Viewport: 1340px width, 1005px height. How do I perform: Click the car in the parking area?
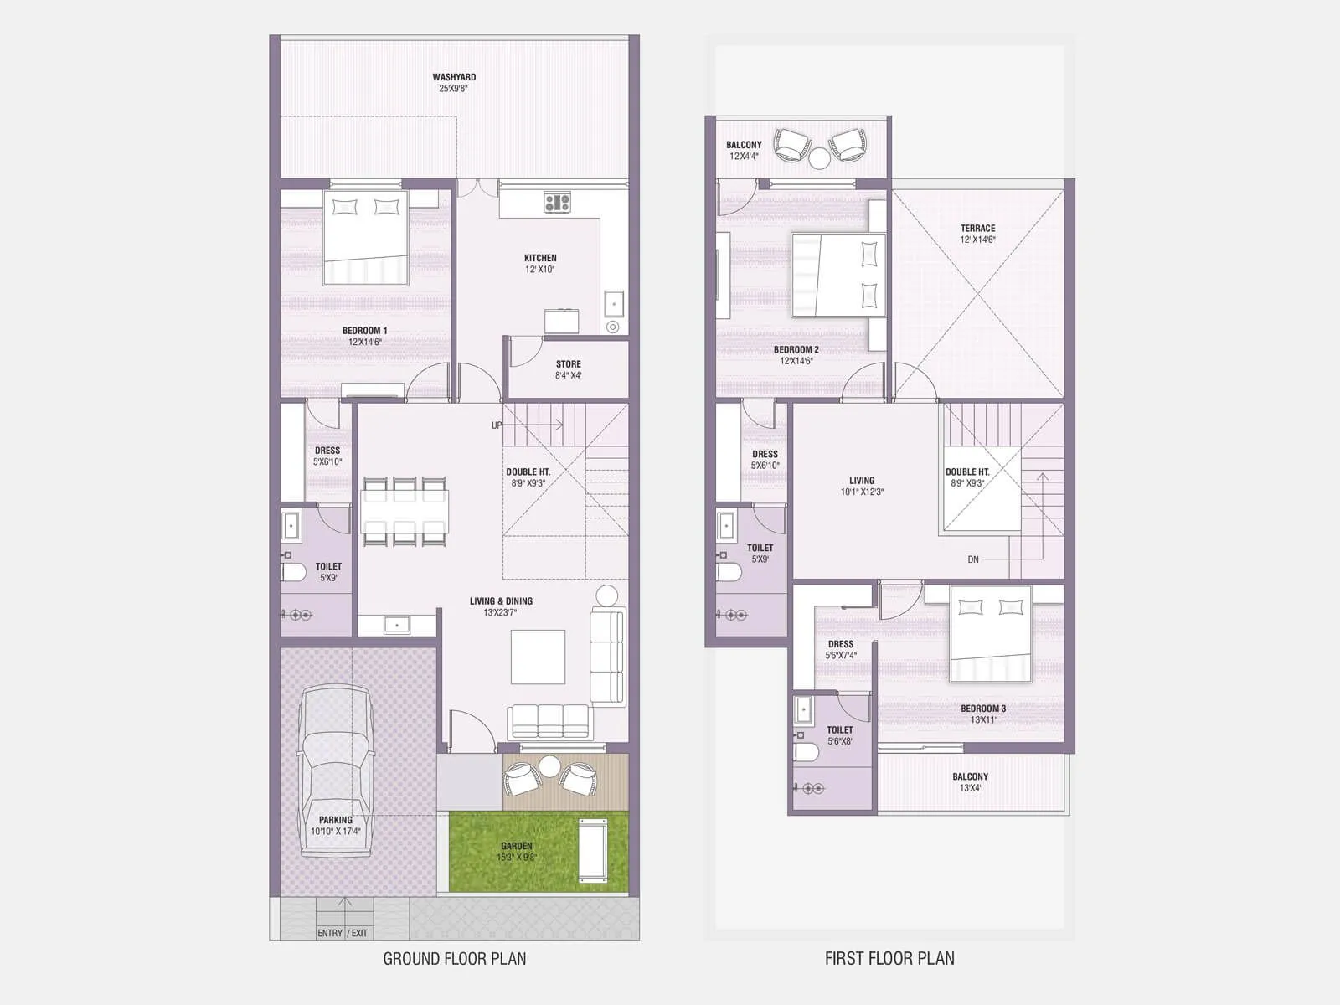pos(335,770)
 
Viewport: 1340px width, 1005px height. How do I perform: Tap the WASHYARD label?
pos(454,77)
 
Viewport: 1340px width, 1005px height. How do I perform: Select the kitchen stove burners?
pos(557,202)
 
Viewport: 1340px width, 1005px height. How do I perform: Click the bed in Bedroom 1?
pos(365,238)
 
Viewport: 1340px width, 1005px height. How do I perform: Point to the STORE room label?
pos(568,364)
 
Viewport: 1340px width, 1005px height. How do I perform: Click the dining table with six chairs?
pos(405,512)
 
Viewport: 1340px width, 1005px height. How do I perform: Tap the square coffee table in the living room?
pos(538,657)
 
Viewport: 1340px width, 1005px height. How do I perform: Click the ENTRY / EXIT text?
pos(342,933)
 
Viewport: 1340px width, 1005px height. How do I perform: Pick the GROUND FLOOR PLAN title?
pos(455,959)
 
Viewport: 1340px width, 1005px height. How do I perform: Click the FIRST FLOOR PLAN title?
pos(889,959)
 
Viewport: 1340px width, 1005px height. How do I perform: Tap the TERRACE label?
pos(977,229)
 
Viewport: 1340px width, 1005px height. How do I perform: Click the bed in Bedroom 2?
pos(838,275)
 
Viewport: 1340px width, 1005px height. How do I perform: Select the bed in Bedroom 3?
pos(990,634)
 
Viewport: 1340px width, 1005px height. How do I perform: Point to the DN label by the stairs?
pos(973,559)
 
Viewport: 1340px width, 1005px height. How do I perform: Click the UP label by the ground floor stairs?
pos(497,425)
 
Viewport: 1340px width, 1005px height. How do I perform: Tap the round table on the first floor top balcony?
pos(819,158)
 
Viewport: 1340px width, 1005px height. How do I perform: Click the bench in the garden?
pos(594,851)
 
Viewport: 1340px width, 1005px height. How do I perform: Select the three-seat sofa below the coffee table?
pos(549,721)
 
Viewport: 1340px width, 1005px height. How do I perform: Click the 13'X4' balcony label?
pos(970,788)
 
